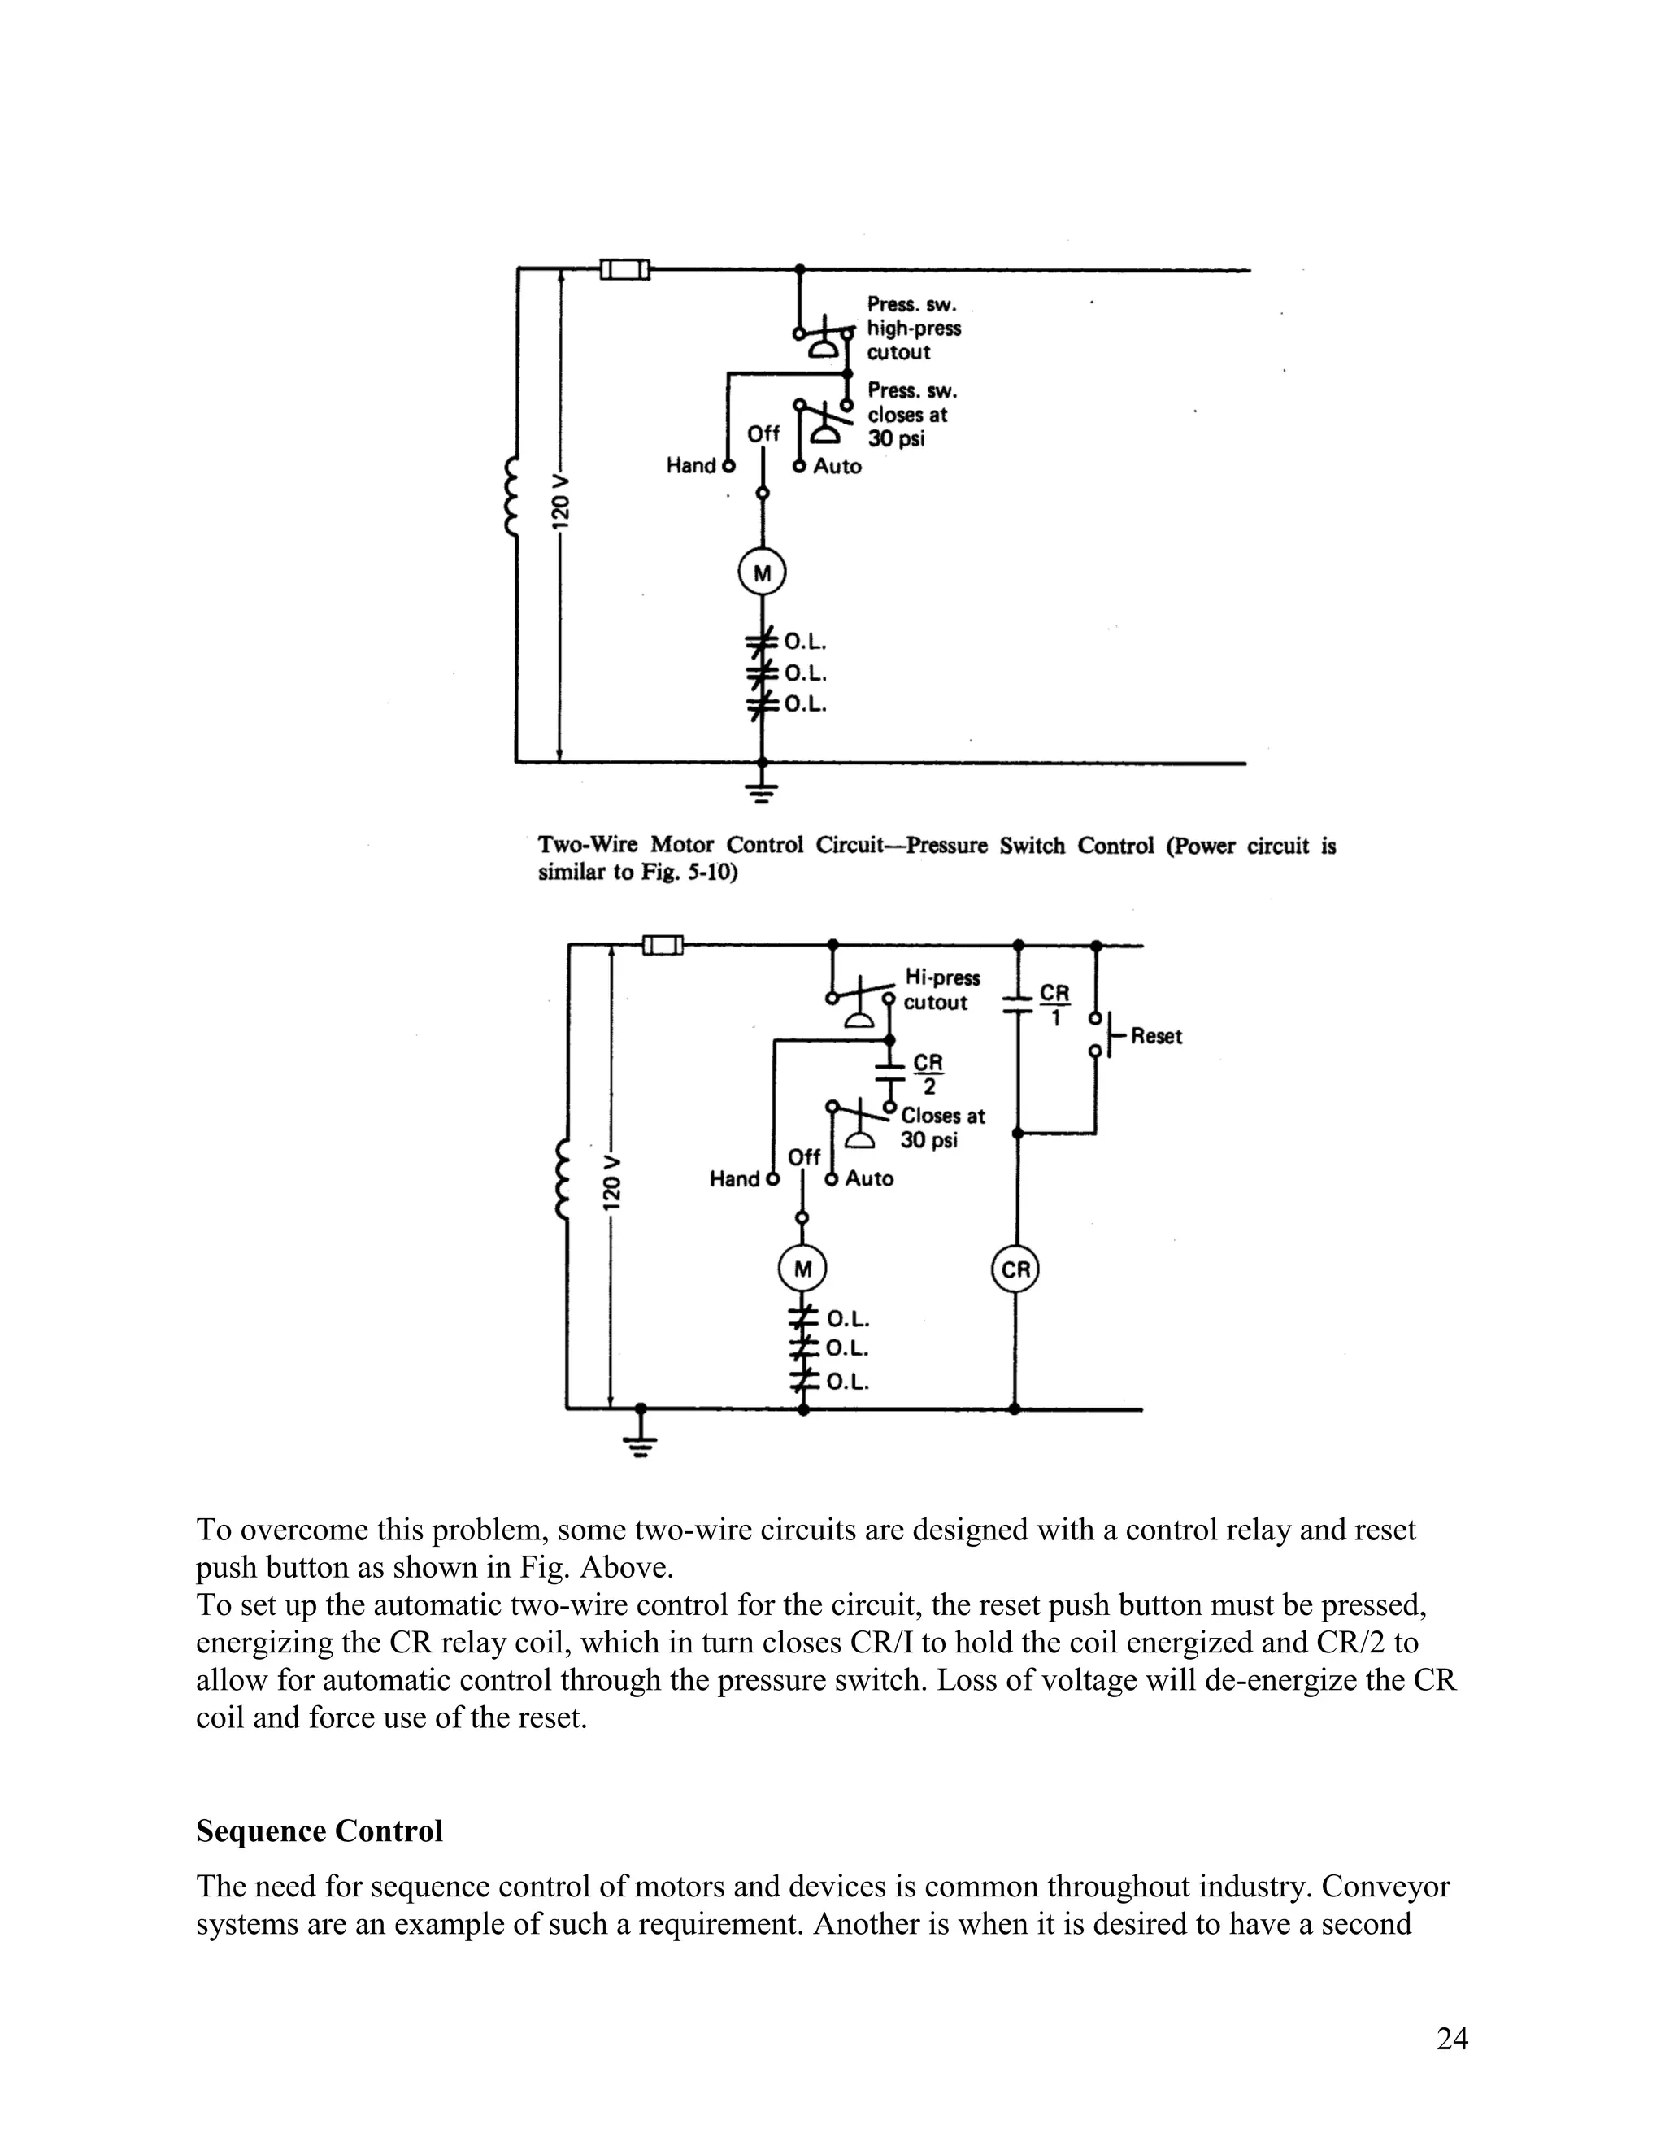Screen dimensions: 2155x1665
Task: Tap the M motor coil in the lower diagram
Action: click(803, 1270)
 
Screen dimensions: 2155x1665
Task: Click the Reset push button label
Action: click(1156, 1036)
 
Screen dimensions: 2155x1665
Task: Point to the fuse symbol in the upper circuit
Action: click(625, 268)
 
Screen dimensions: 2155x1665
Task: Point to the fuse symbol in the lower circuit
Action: click(663, 945)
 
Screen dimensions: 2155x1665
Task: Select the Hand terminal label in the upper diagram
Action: click(690, 466)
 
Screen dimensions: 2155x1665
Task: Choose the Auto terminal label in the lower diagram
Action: click(869, 1178)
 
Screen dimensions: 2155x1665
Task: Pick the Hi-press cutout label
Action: click(941, 990)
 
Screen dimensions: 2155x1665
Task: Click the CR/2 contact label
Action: click(928, 1073)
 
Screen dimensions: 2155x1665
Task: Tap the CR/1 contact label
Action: click(1054, 1003)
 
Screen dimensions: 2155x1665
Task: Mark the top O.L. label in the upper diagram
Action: click(805, 643)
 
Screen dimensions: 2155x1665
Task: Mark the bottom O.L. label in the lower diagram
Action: click(847, 1382)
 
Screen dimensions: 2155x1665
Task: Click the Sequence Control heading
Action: click(320, 1831)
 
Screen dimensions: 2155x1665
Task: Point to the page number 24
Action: click(1452, 2039)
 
